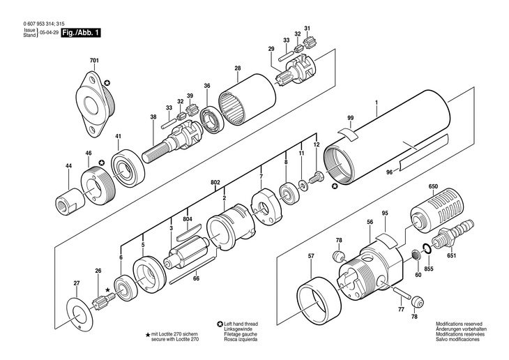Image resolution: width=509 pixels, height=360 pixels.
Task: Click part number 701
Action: (x=96, y=61)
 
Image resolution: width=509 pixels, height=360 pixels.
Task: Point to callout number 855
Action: (x=430, y=268)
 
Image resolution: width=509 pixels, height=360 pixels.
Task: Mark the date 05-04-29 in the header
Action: (x=47, y=33)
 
